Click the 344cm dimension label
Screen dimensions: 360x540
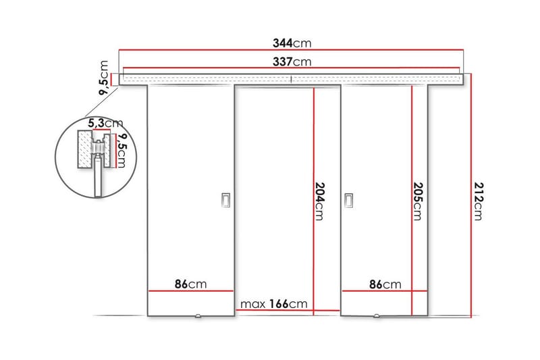[292, 43]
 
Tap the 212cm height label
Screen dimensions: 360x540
[478, 201]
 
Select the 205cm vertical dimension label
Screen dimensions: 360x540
[417, 201]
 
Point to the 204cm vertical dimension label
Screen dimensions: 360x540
[320, 201]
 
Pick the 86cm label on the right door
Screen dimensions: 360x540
[385, 284]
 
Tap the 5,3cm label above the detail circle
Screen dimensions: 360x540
[107, 123]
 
